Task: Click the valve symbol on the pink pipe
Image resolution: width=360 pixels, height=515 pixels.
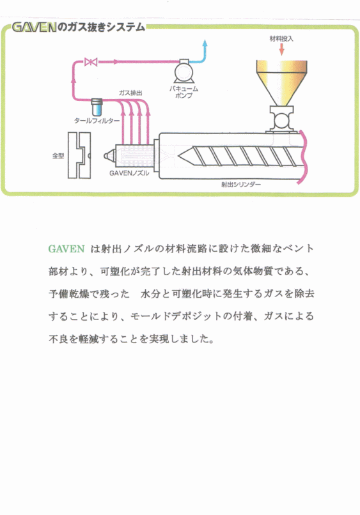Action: point(91,61)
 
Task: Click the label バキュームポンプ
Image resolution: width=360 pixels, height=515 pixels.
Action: point(184,92)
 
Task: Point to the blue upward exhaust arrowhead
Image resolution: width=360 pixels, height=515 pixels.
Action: point(205,43)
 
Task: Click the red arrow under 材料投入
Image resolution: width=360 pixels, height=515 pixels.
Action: point(281,49)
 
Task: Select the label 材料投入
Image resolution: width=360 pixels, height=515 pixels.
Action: point(281,38)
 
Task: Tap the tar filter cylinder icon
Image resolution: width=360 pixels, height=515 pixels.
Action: point(97,107)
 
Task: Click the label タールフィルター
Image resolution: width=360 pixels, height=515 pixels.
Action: point(97,121)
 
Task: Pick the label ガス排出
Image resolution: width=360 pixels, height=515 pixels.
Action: point(130,93)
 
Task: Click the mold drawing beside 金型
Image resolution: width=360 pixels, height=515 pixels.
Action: point(79,155)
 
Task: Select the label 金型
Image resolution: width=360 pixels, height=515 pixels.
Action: point(58,156)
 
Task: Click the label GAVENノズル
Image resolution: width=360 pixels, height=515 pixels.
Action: point(129,173)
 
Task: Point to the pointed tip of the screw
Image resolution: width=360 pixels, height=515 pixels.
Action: point(178,156)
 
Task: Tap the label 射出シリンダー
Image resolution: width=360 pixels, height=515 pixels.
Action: point(241,184)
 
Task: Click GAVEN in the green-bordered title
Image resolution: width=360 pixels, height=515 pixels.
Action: point(34,27)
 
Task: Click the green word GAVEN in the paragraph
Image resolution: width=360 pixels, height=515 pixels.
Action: point(67,249)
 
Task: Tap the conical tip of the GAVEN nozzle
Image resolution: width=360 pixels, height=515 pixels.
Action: point(107,156)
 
